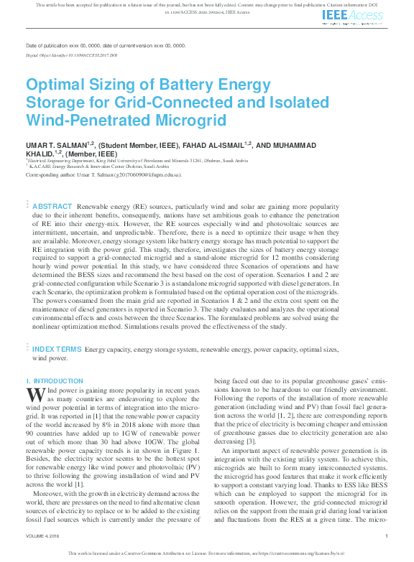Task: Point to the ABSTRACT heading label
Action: [52, 206]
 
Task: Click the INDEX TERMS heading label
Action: [57, 349]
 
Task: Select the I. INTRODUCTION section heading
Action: [55, 380]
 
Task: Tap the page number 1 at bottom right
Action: [387, 535]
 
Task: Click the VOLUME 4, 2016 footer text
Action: [44, 535]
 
